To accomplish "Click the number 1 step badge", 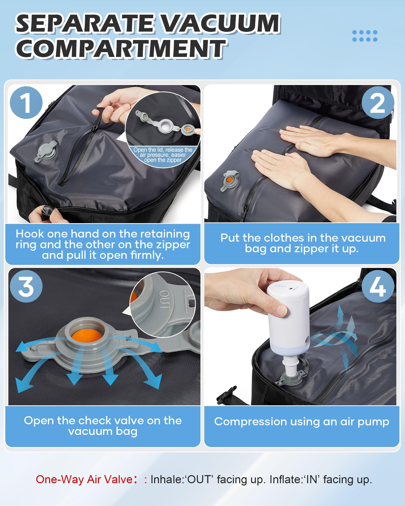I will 26,103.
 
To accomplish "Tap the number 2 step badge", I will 378,103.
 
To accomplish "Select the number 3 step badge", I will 26,286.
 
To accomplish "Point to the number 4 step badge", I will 378,286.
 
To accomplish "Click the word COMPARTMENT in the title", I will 121,49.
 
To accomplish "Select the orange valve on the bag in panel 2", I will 230,180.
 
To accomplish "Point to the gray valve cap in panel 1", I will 47,151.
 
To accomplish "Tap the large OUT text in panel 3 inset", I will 165,300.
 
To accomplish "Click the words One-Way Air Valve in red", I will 84,479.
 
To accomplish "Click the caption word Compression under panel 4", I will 250,422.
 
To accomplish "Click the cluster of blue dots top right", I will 365,36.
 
